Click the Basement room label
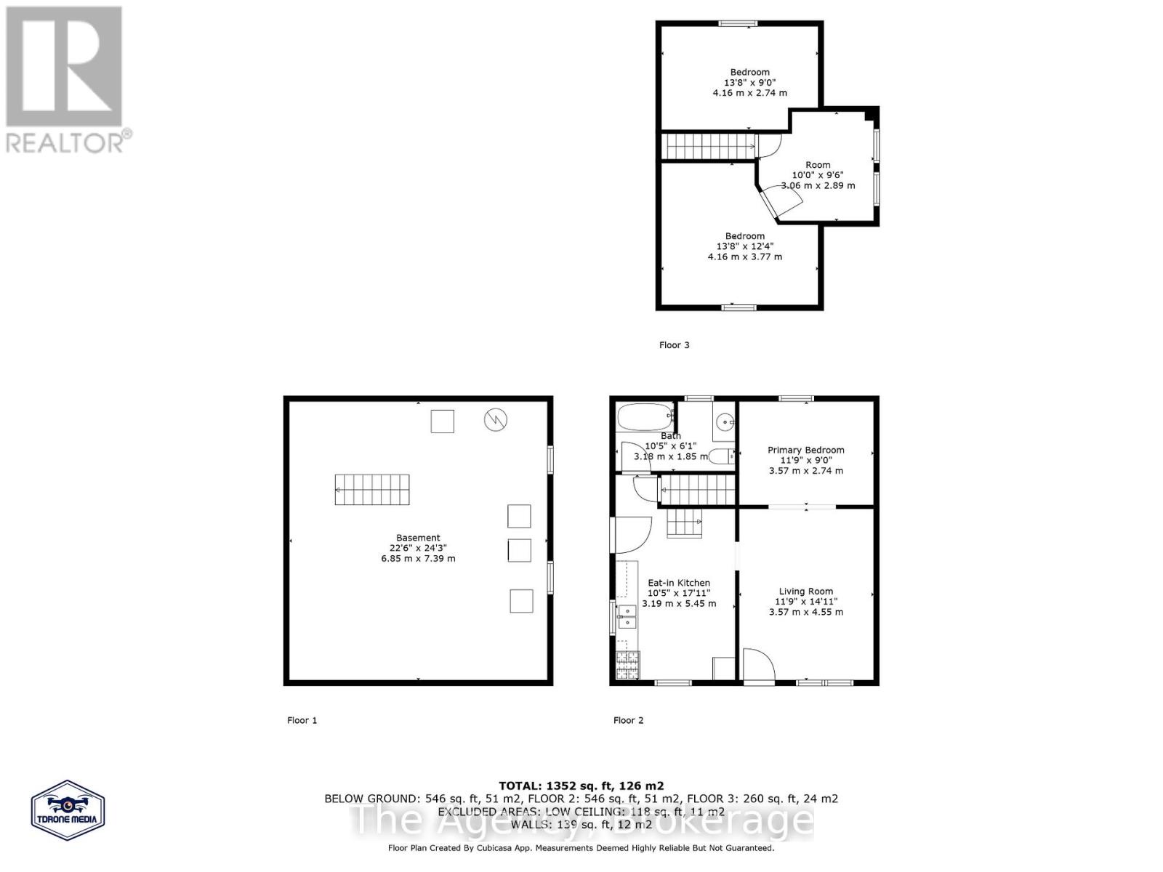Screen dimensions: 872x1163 [418, 538]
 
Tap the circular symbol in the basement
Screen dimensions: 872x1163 [496, 419]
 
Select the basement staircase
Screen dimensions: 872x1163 [372, 490]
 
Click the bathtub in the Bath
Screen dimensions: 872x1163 [644, 418]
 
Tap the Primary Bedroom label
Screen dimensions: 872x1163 [806, 450]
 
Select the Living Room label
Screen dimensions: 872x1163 [806, 592]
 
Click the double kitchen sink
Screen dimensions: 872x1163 [627, 616]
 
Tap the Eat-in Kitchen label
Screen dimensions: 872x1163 [679, 583]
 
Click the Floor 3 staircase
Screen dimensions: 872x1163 [707, 146]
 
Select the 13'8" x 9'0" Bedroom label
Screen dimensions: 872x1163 [750, 72]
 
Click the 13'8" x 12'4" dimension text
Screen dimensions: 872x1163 [744, 246]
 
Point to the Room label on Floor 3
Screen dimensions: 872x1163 [818, 165]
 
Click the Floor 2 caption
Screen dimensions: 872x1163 [628, 720]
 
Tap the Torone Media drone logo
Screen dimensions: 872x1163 [68, 810]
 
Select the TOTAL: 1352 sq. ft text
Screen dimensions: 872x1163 [581, 786]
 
